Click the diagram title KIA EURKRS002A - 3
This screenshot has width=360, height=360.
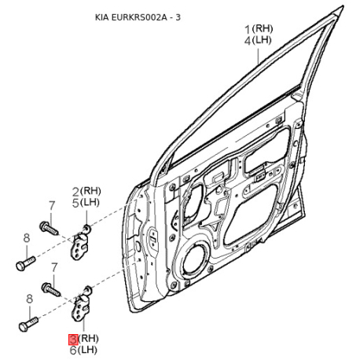(138, 17)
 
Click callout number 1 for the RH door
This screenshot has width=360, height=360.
(248, 29)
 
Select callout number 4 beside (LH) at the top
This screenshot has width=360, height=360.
(248, 41)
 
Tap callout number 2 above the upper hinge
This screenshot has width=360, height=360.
(75, 192)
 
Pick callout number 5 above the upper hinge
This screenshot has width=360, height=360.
(75, 204)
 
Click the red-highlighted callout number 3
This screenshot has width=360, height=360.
(73, 340)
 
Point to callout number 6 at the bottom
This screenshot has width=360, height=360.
(73, 351)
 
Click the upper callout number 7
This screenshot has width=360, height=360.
(52, 206)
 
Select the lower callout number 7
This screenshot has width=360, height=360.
(54, 267)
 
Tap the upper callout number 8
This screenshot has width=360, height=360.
(27, 238)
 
